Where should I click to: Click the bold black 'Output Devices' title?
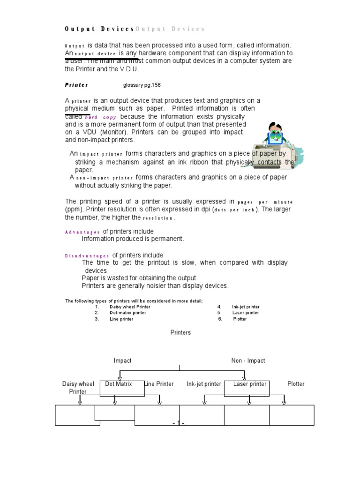coord(99,29)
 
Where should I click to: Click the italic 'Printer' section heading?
coord(76,85)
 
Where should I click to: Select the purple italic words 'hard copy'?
coord(100,117)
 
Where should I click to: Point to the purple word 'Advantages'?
coord(82,232)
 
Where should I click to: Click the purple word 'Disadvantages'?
coord(87,255)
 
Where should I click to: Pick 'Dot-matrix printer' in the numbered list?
coord(127,313)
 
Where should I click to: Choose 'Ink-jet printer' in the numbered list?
coord(245,307)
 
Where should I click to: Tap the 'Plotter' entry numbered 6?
coord(240,319)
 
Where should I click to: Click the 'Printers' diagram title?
coord(180,332)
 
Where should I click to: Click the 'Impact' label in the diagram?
coord(123,360)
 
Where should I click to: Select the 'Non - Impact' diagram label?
coord(248,360)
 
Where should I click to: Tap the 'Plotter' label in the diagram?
coord(296,384)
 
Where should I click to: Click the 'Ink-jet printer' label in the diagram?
coord(204,384)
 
